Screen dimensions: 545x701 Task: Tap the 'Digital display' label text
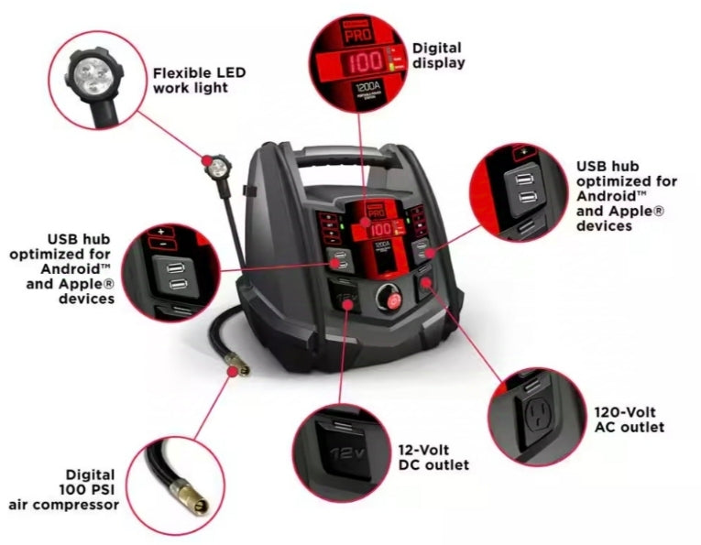coord(438,54)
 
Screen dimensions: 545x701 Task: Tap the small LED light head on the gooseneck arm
coord(218,169)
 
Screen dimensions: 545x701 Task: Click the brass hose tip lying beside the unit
coord(241,369)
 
